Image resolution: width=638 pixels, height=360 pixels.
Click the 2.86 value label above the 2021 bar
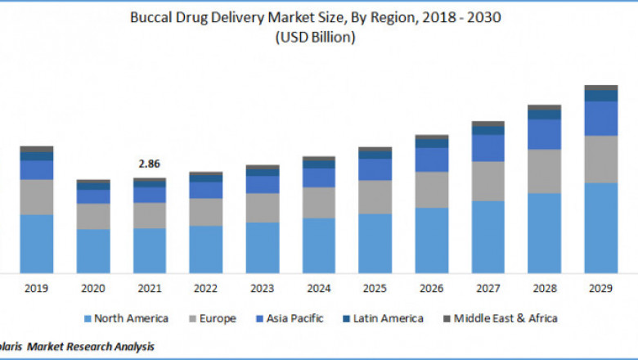point(149,164)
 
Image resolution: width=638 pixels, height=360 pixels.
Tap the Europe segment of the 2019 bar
point(37,196)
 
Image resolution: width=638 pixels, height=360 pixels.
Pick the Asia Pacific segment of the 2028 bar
point(545,134)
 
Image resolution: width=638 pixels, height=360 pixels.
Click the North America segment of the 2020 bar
point(93,250)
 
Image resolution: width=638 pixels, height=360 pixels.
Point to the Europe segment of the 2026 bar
point(432,190)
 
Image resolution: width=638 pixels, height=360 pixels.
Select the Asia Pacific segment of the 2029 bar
point(601,119)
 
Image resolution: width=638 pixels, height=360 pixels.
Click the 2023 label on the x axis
point(263,289)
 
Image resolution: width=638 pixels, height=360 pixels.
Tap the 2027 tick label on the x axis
point(488,289)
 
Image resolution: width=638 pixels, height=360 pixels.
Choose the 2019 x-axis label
point(37,289)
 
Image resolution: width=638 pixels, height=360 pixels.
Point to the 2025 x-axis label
point(375,289)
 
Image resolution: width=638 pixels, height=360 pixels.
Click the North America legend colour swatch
point(86,318)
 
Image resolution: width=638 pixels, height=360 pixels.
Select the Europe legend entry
point(213,318)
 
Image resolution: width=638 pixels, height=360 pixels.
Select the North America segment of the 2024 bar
point(319,245)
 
